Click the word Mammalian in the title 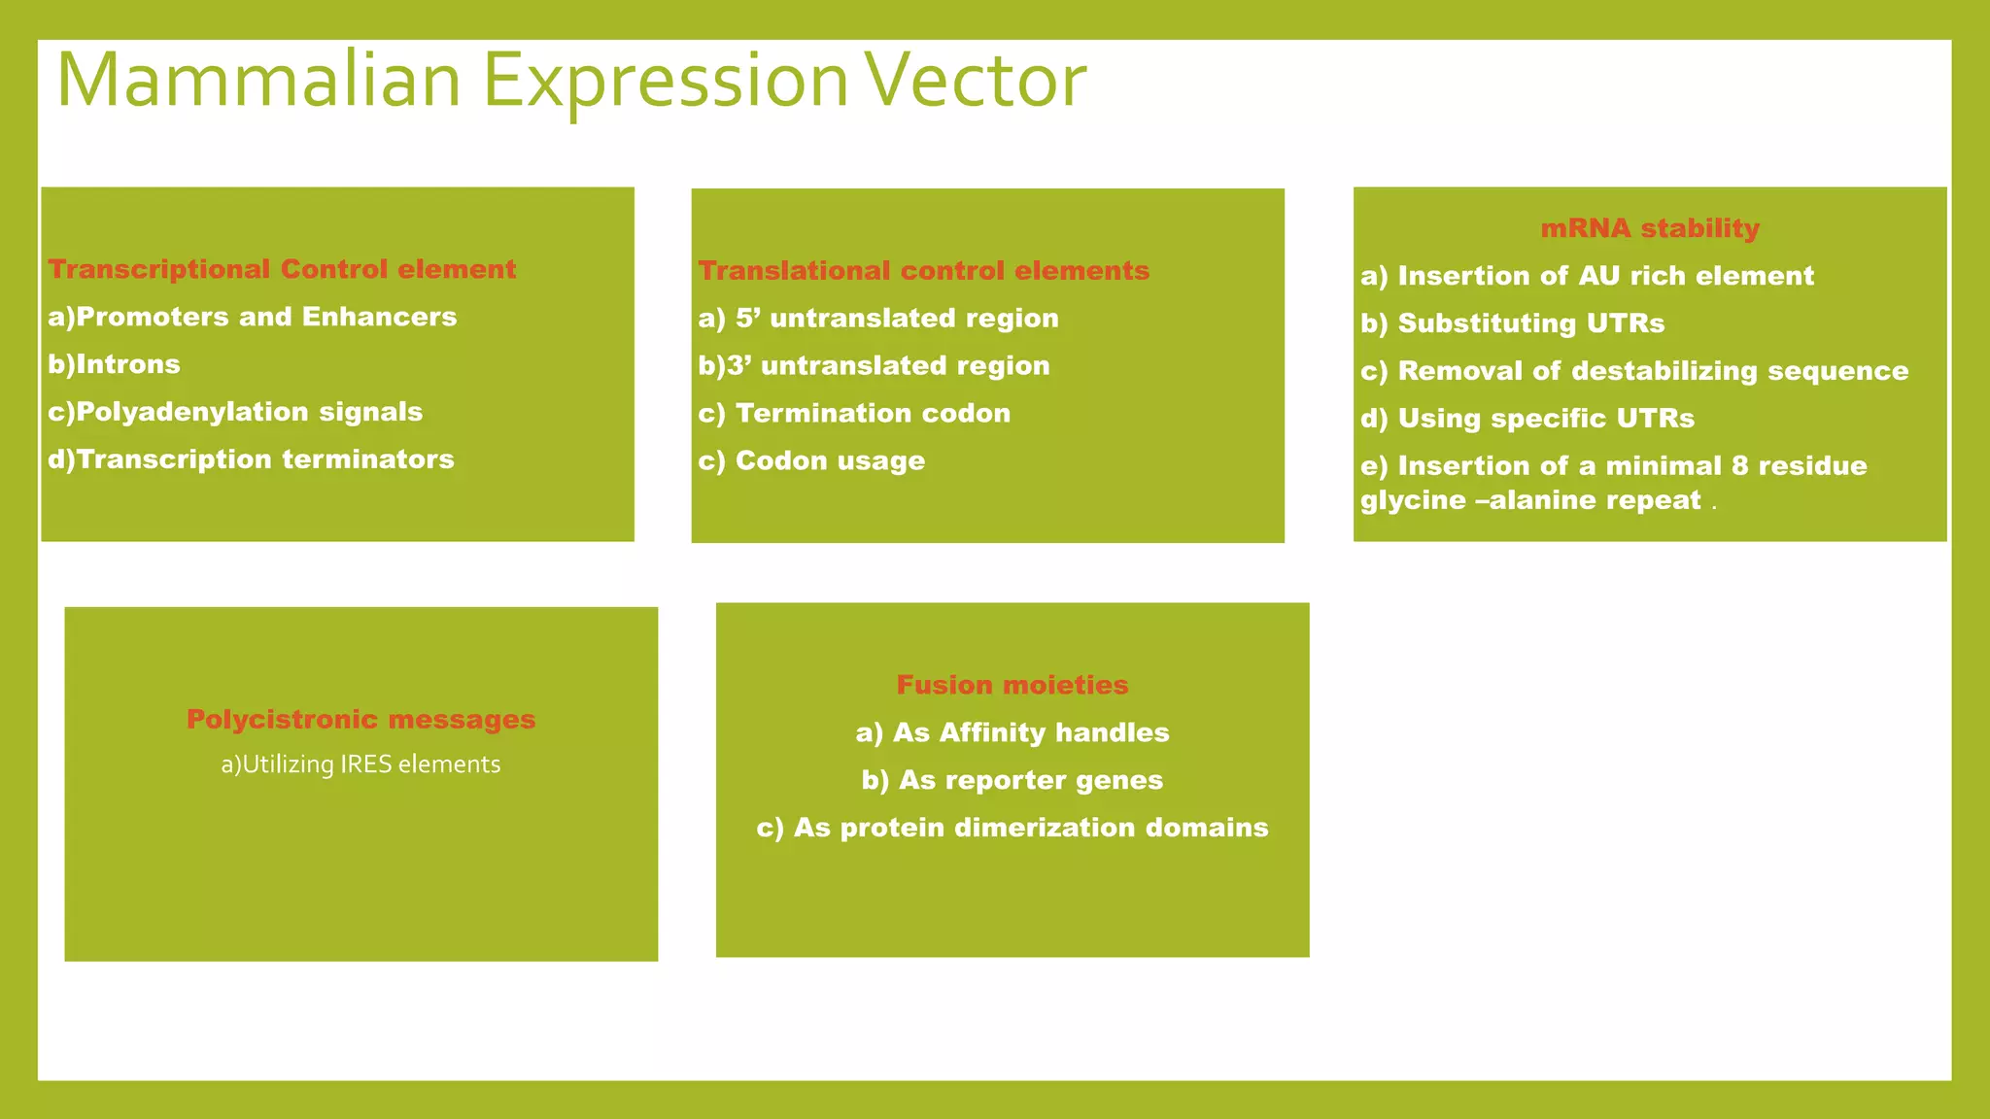(x=258, y=81)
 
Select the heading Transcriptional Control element (x=282, y=269)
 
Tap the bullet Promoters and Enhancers (x=253, y=317)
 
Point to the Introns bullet (x=115, y=364)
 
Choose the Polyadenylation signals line (x=235, y=412)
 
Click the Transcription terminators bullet (x=251, y=459)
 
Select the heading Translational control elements (x=923, y=271)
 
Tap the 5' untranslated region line (x=878, y=319)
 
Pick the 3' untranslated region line (x=874, y=366)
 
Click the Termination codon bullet (x=854, y=414)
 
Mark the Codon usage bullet (x=811, y=461)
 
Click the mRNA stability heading (x=1650, y=228)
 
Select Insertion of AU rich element (x=1587, y=276)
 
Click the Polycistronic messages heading (x=360, y=720)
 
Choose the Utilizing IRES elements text (x=360, y=764)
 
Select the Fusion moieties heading (x=1012, y=685)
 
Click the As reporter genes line (x=1012, y=780)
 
